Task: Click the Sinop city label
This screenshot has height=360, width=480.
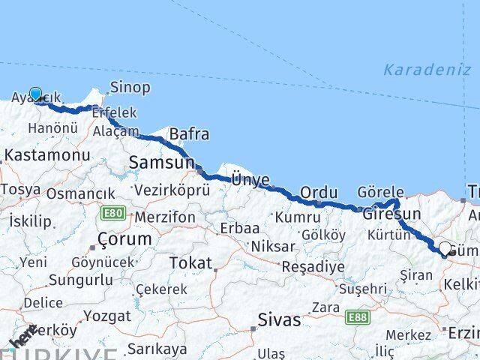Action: [x=130, y=88]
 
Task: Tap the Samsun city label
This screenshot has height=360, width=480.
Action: [x=161, y=161]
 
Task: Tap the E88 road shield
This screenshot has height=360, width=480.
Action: [x=358, y=318]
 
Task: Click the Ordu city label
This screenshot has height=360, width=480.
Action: [x=319, y=193]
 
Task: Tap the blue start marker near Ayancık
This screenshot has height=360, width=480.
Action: [x=35, y=94]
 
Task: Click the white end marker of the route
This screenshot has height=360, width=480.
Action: [x=445, y=248]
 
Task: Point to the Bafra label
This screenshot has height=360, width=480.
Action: [x=189, y=134]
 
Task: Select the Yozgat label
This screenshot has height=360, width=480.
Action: [x=108, y=316]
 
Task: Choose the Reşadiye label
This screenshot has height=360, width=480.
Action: [x=313, y=266]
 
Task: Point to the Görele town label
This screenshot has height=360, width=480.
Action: [x=381, y=191]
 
